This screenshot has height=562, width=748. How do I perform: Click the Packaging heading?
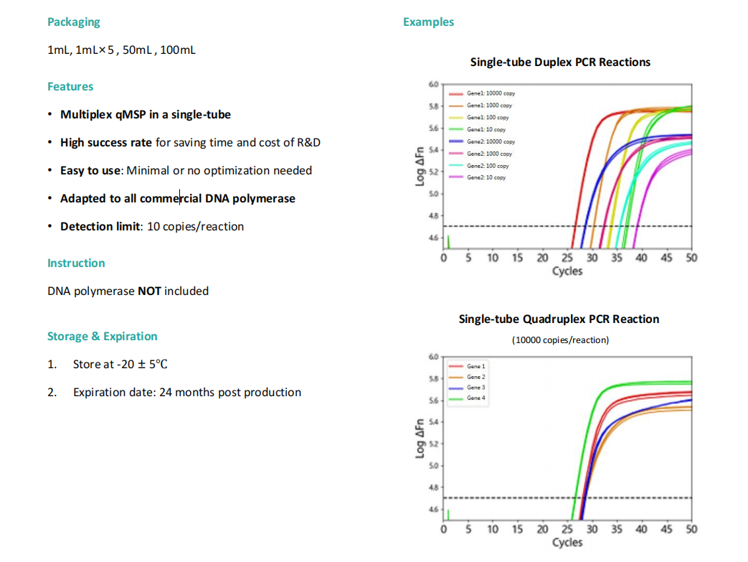tap(73, 22)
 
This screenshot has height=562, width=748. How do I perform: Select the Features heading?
tap(70, 86)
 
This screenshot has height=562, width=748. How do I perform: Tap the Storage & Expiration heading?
tap(102, 336)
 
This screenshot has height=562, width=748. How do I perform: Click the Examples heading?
tap(428, 22)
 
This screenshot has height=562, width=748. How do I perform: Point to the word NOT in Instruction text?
tap(149, 291)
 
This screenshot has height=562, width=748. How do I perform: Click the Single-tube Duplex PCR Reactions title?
tap(560, 62)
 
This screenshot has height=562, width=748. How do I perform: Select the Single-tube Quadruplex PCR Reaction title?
tap(559, 319)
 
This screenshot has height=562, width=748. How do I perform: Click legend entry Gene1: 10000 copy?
tap(482, 93)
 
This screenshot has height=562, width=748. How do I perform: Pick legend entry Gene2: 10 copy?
tap(477, 177)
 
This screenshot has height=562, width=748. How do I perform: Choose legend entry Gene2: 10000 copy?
tap(482, 142)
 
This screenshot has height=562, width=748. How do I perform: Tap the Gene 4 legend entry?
tap(467, 398)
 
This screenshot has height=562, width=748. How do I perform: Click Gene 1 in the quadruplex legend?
tap(467, 366)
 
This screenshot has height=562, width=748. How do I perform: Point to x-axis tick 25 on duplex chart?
tap(567, 258)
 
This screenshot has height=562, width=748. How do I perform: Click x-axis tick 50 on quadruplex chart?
tap(691, 529)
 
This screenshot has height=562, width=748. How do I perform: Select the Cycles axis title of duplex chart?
tap(567, 271)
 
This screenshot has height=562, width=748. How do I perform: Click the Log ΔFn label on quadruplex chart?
tap(420, 439)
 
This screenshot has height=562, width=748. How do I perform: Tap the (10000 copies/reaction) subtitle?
tap(561, 340)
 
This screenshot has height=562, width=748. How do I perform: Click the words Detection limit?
tap(100, 226)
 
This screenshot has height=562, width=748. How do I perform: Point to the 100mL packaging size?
tap(177, 50)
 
